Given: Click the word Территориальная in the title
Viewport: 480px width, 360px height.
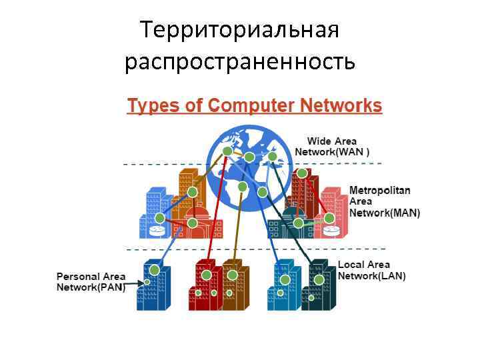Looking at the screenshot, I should pos(240,30).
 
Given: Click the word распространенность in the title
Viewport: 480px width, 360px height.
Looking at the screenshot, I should pos(240,61).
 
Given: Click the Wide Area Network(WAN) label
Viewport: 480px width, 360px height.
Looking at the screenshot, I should pos(332,147).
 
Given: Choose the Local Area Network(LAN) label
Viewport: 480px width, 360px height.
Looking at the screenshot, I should pos(371,271).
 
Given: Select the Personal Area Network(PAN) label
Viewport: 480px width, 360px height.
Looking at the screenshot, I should pos(90,282).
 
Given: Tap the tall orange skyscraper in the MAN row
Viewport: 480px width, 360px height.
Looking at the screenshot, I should pos(189,193).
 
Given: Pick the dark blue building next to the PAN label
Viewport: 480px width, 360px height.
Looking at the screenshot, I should pos(155,285).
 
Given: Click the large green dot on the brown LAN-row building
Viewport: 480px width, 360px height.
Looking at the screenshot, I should pos(232,275).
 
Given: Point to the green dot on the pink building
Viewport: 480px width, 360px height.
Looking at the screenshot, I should pos(329,217).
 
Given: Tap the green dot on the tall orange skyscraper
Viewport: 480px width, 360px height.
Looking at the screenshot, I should pos(193,193).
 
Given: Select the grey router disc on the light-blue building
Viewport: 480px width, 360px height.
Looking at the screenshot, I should pos(157,231).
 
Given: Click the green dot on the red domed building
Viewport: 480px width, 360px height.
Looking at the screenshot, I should pos(192,223).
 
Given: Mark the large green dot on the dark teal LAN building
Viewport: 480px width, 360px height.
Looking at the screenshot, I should pos(319,279).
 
